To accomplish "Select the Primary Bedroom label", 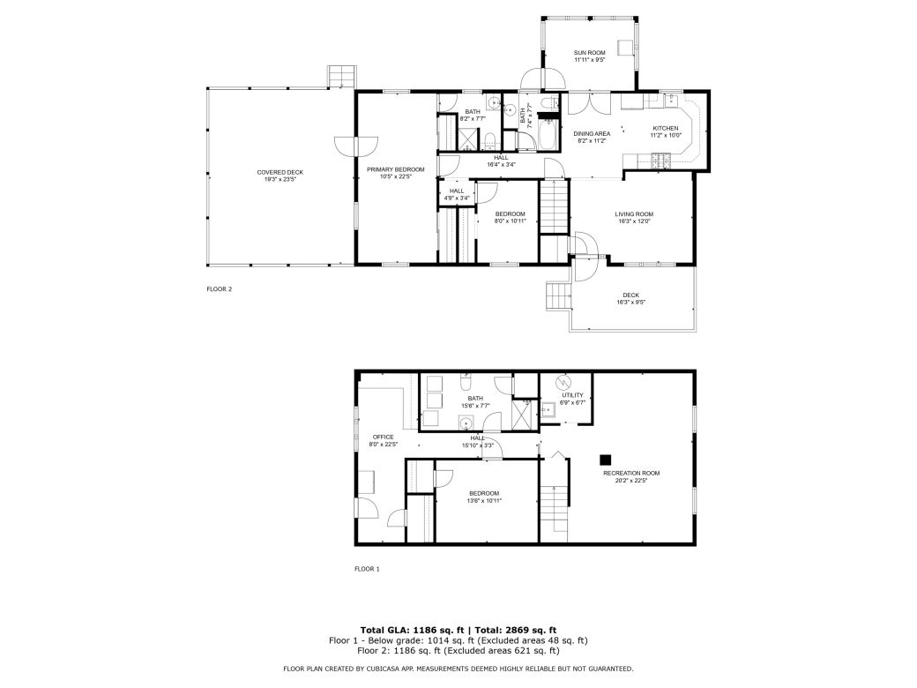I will click(396, 169).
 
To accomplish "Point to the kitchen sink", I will click(670, 98).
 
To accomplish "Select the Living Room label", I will click(633, 213).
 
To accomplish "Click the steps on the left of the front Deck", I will click(557, 295).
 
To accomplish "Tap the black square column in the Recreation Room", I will click(606, 459).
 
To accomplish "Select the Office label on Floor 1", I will click(383, 437).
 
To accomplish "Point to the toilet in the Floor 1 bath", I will click(467, 383).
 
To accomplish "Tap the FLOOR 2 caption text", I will click(219, 288).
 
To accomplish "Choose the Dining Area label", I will click(593, 133).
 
